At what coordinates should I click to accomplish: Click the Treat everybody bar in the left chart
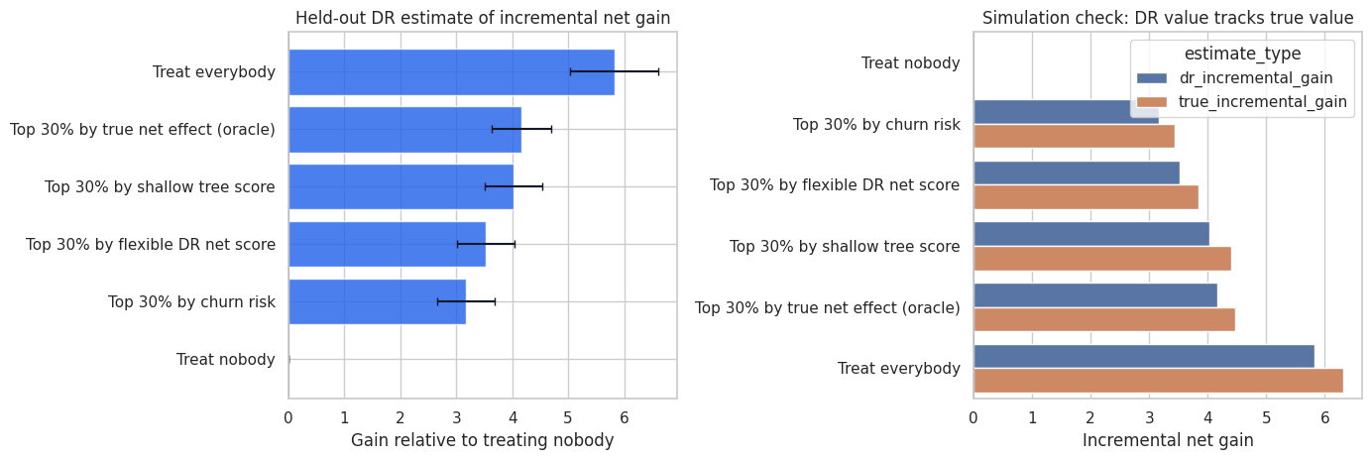tap(451, 72)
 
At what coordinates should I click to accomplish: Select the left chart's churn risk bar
tap(378, 302)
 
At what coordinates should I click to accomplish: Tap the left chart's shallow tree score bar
tap(401, 186)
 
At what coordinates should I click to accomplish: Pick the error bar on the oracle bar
tap(521, 129)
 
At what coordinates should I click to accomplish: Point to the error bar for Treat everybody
tap(615, 71)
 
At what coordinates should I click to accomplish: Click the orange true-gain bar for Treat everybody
tap(1158, 381)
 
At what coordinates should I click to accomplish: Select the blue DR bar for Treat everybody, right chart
tap(1144, 357)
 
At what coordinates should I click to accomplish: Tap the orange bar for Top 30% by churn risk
tap(1075, 136)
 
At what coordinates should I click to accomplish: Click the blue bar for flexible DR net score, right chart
tap(1077, 172)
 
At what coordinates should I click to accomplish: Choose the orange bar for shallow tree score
tap(1102, 259)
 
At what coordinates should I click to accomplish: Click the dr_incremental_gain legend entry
tap(1235, 77)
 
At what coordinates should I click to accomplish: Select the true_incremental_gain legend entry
tap(1241, 102)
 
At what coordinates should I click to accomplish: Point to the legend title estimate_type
tap(1243, 54)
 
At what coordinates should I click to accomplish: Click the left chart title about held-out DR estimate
tap(483, 18)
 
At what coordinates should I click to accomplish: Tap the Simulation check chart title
tap(1168, 18)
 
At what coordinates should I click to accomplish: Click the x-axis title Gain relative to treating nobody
tap(483, 440)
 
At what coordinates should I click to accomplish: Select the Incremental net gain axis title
tap(1168, 440)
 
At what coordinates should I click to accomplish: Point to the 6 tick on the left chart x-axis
tap(625, 417)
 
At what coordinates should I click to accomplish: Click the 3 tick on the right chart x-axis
tap(1149, 417)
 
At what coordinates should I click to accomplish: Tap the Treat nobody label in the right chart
tap(911, 63)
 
